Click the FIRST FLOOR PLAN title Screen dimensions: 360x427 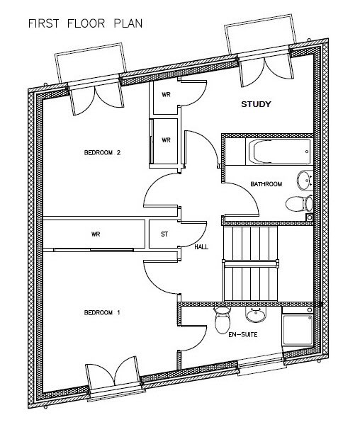tap(85, 23)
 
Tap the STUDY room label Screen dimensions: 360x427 tap(256, 104)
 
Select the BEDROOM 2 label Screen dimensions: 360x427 tap(102, 152)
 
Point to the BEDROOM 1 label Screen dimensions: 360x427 tap(102, 312)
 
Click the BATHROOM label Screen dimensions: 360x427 tap(266, 184)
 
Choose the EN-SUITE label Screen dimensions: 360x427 tap(243, 334)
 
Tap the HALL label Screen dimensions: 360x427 tap(201, 247)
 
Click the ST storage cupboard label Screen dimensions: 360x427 tap(164, 234)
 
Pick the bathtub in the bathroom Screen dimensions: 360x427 tap(278, 152)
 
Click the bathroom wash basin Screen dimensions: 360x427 tap(305, 181)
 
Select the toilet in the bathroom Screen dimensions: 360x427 tap(300, 204)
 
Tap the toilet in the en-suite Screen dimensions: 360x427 tap(223, 320)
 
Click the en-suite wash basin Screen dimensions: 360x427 tap(256, 314)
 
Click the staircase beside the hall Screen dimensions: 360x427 tap(251, 263)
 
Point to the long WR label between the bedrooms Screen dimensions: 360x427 tap(96, 234)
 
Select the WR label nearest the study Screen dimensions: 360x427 tap(166, 94)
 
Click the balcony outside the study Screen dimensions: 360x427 tap(260, 34)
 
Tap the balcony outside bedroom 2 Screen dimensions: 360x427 tap(91, 63)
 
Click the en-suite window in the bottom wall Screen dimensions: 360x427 tap(262, 364)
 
